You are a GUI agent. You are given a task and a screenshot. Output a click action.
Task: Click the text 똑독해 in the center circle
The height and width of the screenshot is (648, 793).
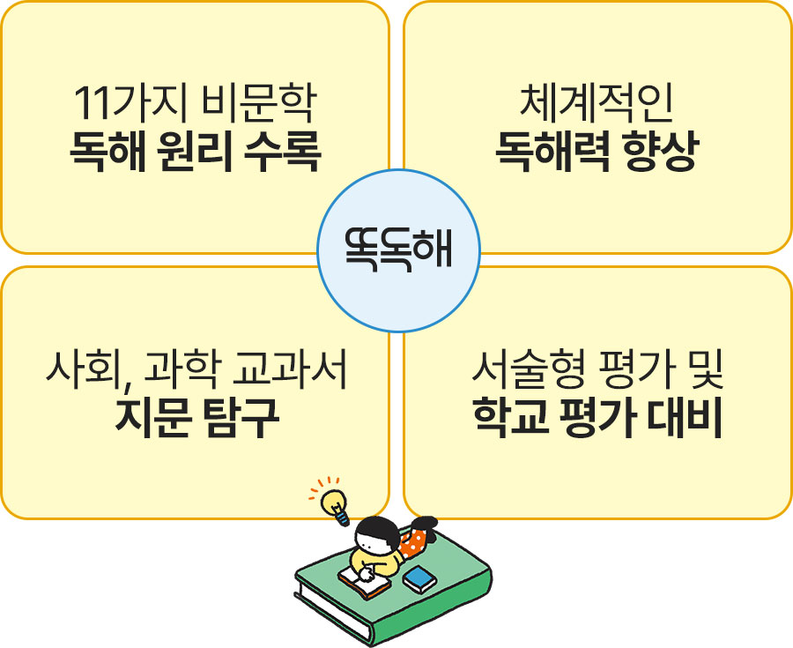[398, 250]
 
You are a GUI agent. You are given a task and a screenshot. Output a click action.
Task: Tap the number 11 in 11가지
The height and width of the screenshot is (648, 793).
[92, 104]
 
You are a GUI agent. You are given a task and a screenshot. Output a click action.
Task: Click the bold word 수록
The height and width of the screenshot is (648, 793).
[282, 152]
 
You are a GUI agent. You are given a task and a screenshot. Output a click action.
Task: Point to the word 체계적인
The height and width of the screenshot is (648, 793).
[597, 103]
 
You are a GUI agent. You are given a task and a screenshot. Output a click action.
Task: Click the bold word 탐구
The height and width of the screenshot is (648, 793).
[241, 417]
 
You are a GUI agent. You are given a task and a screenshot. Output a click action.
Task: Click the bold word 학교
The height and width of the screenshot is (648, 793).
[511, 417]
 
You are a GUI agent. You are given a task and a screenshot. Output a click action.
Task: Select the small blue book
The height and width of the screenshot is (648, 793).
[419, 578]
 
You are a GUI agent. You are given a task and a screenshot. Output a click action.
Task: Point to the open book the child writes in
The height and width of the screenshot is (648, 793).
[364, 582]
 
